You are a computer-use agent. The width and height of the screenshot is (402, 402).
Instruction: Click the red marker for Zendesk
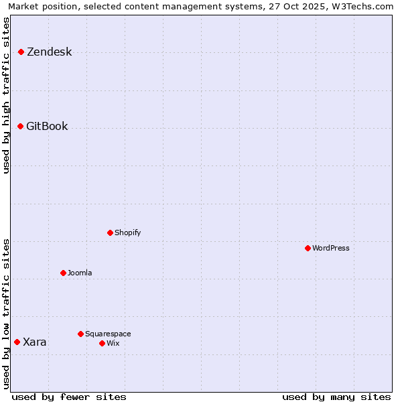tap(21, 52)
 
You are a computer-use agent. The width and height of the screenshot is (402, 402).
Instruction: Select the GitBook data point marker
tap(20, 126)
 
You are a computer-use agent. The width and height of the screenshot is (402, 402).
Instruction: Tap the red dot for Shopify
tap(110, 232)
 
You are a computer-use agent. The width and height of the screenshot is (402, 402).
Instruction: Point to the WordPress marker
tap(308, 248)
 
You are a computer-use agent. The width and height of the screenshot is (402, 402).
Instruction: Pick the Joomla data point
tap(63, 273)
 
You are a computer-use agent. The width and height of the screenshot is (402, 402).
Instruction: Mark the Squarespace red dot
tap(80, 334)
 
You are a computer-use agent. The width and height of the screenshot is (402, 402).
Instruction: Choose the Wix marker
tap(102, 343)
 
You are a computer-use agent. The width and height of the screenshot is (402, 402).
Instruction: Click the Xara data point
tap(17, 342)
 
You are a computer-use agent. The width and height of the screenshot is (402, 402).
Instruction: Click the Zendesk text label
tap(49, 52)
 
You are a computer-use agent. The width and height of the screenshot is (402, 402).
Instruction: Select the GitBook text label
tap(47, 127)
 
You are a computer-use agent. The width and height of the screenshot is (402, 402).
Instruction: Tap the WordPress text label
tap(331, 249)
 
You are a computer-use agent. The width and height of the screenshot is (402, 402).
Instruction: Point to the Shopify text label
tap(127, 233)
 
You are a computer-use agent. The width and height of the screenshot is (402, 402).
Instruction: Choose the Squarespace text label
tap(108, 334)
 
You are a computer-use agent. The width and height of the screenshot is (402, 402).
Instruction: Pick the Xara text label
tap(35, 342)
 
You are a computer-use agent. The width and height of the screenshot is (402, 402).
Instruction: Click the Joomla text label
tap(80, 273)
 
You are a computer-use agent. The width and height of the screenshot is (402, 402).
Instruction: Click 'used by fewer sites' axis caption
tap(69, 397)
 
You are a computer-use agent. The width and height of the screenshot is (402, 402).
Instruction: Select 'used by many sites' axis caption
tap(336, 397)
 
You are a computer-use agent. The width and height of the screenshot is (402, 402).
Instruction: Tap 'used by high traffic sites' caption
tap(7, 95)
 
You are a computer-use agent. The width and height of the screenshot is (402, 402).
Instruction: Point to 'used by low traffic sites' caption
tap(7, 313)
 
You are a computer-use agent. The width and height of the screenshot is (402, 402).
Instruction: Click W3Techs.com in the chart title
tap(363, 7)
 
